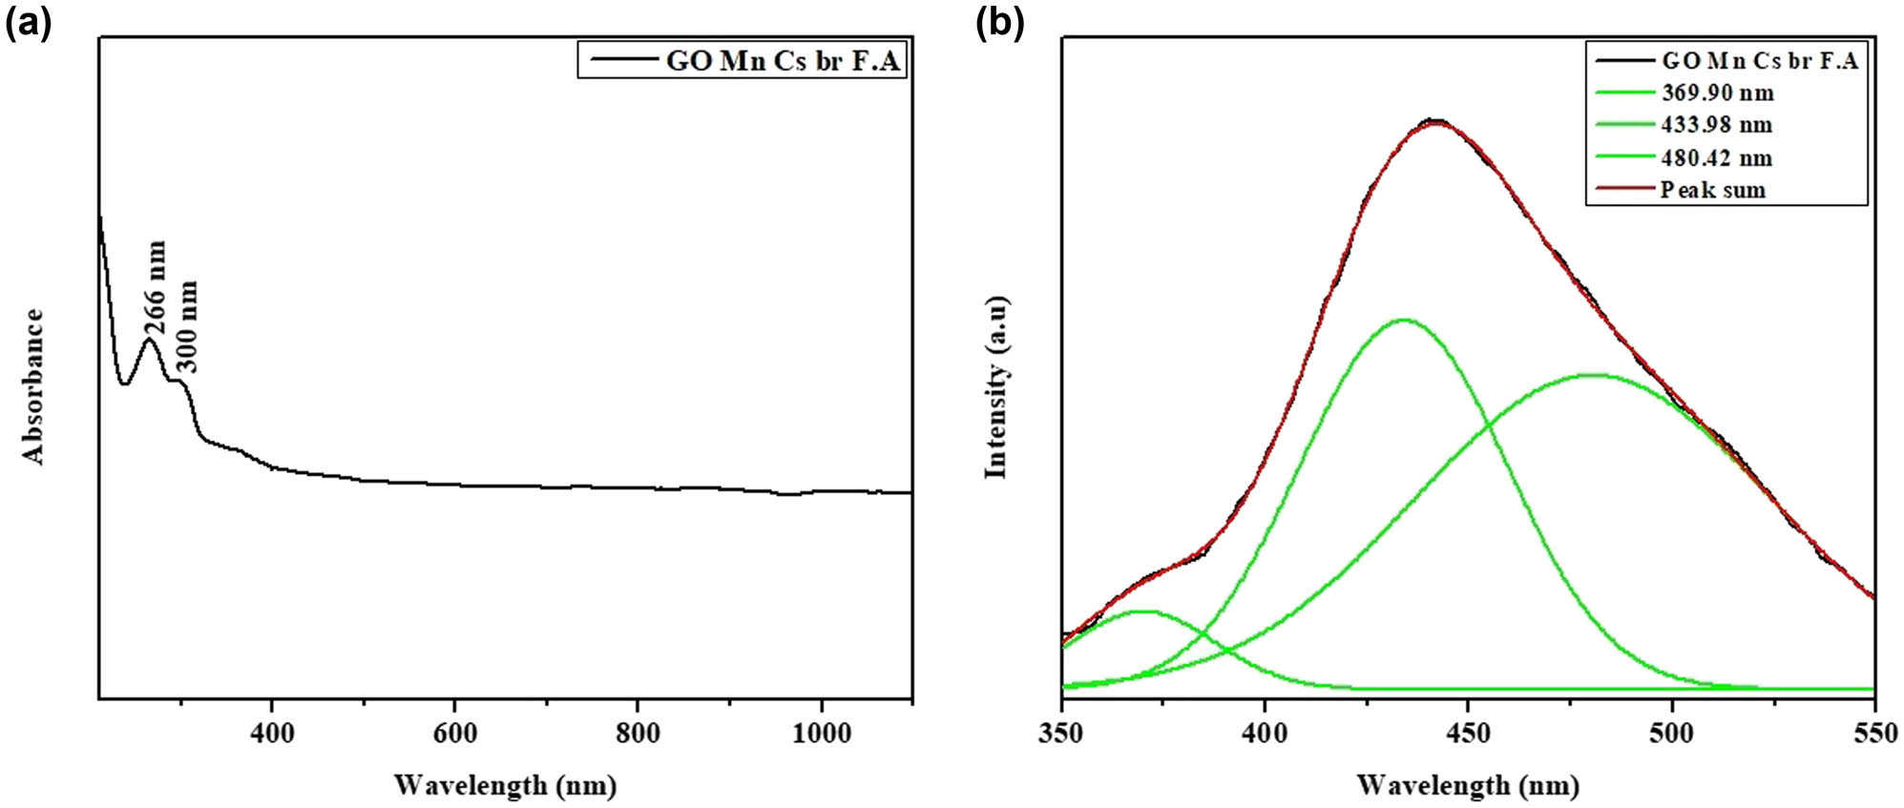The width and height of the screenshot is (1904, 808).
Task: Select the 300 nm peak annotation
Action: [189, 325]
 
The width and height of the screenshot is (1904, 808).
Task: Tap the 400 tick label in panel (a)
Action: [272, 734]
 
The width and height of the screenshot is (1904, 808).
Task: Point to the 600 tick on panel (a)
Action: [454, 734]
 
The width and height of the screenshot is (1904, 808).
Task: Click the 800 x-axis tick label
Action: [638, 734]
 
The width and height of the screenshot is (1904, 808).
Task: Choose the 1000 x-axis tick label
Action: [821, 734]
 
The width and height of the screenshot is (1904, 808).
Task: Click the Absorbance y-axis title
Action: [34, 386]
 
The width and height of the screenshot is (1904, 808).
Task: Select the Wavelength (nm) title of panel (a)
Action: [505, 785]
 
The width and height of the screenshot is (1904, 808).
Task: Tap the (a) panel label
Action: [28, 23]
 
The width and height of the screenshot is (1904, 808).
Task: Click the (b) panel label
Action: [999, 23]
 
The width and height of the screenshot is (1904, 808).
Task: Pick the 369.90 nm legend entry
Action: [1717, 93]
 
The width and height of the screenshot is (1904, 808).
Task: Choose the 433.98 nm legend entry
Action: [1716, 125]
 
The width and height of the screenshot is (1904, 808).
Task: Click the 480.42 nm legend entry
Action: [1716, 157]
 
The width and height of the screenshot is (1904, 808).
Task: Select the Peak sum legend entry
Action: [1712, 190]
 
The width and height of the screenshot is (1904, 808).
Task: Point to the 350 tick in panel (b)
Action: [1061, 734]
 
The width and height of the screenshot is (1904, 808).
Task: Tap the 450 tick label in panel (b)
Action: [1468, 734]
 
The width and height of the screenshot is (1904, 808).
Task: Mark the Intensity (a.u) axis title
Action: [997, 386]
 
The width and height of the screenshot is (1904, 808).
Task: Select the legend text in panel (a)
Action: [783, 61]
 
